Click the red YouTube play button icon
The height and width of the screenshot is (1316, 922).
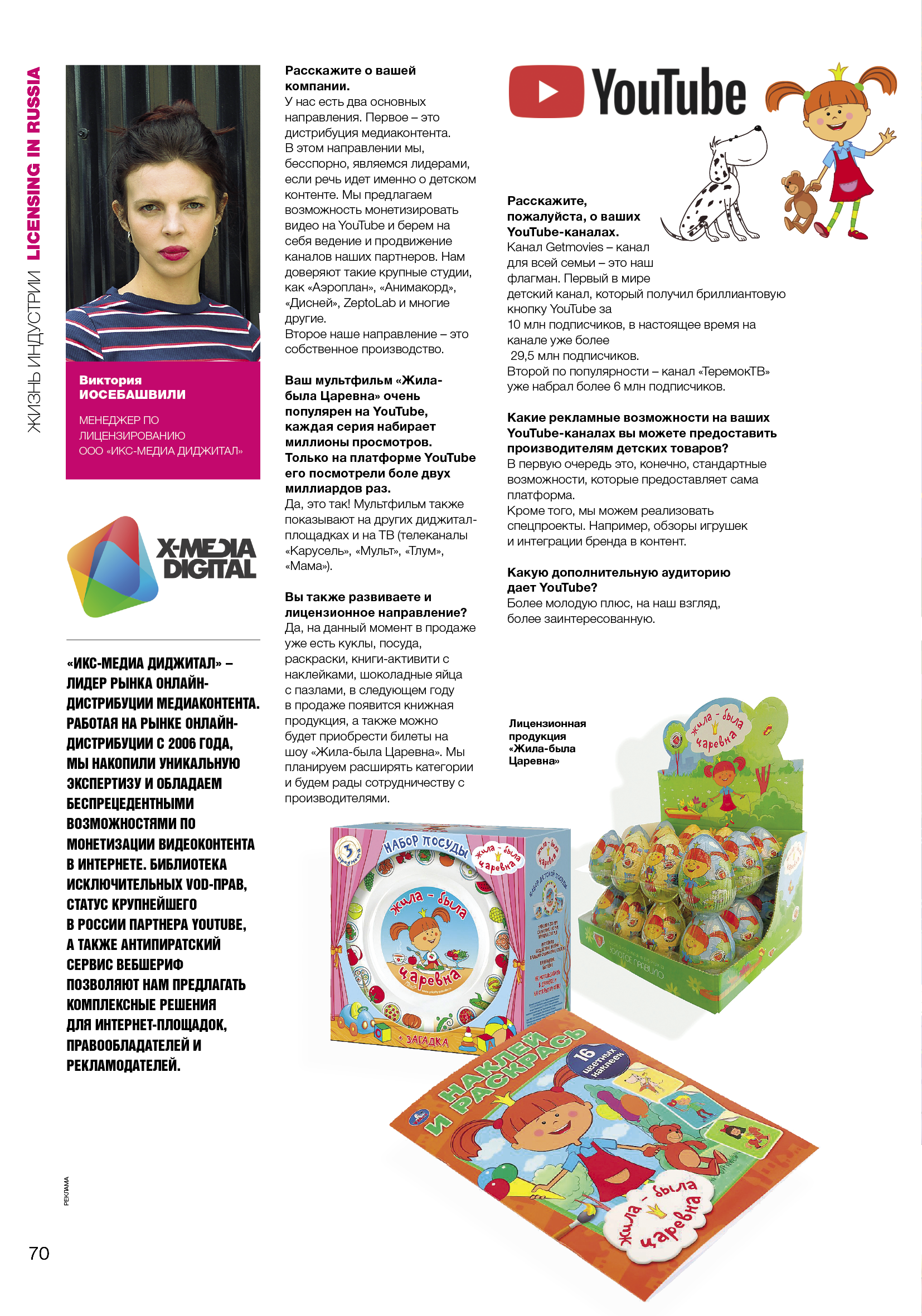(546, 92)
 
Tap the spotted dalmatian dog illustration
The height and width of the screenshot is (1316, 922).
(716, 189)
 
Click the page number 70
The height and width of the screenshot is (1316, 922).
(39, 1254)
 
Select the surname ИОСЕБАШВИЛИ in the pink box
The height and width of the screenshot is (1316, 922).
(133, 394)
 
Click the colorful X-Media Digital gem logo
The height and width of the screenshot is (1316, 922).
(112, 566)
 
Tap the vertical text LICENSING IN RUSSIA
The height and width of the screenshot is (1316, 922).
(34, 164)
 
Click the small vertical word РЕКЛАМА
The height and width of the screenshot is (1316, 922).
(66, 1191)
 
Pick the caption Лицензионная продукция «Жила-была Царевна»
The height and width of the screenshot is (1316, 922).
(546, 742)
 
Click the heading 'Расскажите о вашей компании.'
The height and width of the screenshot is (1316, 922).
(350, 78)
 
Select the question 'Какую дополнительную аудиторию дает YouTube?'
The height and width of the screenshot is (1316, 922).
(618, 579)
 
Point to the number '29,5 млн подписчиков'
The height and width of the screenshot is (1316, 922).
(574, 355)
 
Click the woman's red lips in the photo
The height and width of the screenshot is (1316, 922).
(173, 252)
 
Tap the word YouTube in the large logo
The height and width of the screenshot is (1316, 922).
(668, 92)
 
